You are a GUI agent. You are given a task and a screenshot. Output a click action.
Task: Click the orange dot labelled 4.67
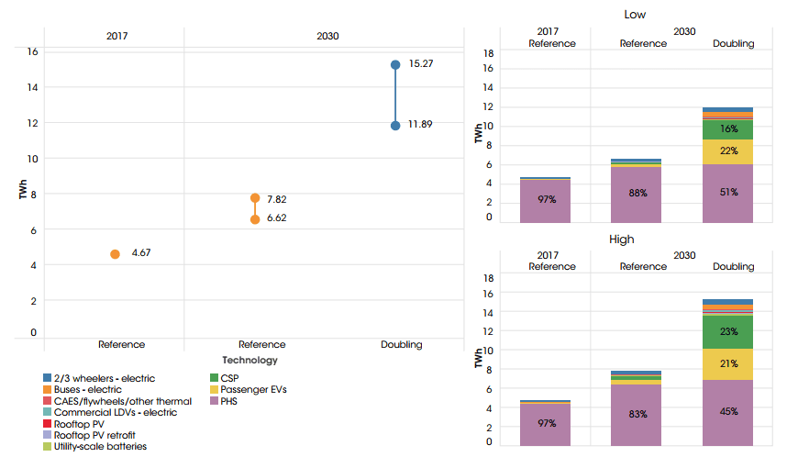(115, 254)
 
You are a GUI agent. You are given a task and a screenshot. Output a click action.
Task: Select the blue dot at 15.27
(395, 65)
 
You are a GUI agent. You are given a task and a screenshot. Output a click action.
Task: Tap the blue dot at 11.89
(395, 126)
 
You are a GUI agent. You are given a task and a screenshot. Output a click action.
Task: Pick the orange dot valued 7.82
(255, 198)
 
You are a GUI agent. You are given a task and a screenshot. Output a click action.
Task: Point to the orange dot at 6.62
(255, 219)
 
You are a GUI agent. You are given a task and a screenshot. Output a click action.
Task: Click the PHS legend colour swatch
(214, 401)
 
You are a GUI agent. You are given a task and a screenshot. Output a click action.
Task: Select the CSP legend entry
(230, 378)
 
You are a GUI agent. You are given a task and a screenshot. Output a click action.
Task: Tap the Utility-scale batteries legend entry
(100, 446)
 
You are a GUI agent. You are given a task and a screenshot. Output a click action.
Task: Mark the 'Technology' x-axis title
(249, 361)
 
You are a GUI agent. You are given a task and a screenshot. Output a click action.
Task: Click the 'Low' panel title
(634, 14)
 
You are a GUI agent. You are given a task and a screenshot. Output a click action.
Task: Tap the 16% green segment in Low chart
(728, 129)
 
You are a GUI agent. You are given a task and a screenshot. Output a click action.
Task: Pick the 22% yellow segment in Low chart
(728, 151)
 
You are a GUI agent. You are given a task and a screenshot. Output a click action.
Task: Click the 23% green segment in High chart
(728, 332)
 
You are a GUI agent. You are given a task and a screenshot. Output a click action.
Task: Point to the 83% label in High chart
(637, 414)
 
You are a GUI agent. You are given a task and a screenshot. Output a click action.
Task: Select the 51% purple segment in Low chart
(728, 193)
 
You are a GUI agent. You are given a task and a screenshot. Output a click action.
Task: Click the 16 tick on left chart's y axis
(32, 51)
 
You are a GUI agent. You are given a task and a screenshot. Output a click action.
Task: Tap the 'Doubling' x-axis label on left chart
(402, 345)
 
